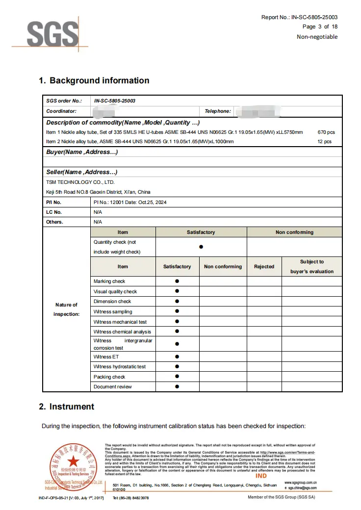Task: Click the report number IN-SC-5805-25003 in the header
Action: coord(314,17)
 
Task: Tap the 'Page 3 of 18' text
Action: coord(320,26)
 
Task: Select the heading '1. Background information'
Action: coord(94,80)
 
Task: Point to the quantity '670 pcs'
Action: coord(326,132)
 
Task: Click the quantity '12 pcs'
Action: coord(324,142)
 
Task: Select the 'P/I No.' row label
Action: coord(53,202)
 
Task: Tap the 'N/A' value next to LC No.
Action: coord(98,212)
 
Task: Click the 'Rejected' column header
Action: coord(264,267)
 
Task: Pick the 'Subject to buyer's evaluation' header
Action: coord(312,267)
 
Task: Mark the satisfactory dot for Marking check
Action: coord(177,281)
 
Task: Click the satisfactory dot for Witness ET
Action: coord(177,357)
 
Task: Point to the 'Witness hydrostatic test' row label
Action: coord(120,367)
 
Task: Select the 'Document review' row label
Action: coord(113,387)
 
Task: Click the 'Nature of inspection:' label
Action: coord(66,309)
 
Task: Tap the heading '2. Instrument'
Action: coord(67,407)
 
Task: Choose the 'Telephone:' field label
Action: coord(218,111)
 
